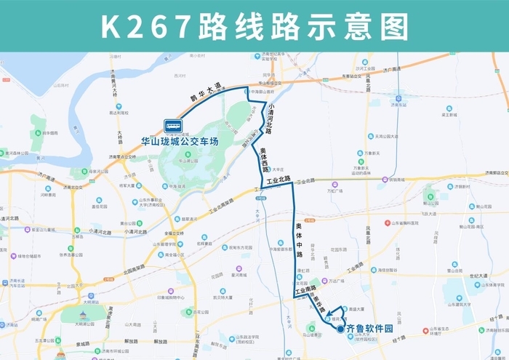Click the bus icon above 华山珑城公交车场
[x=174, y=126]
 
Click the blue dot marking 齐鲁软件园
[x=340, y=329]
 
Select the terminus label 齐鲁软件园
[x=369, y=329]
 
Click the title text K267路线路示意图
[x=254, y=27]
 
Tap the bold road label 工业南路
[x=305, y=292]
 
